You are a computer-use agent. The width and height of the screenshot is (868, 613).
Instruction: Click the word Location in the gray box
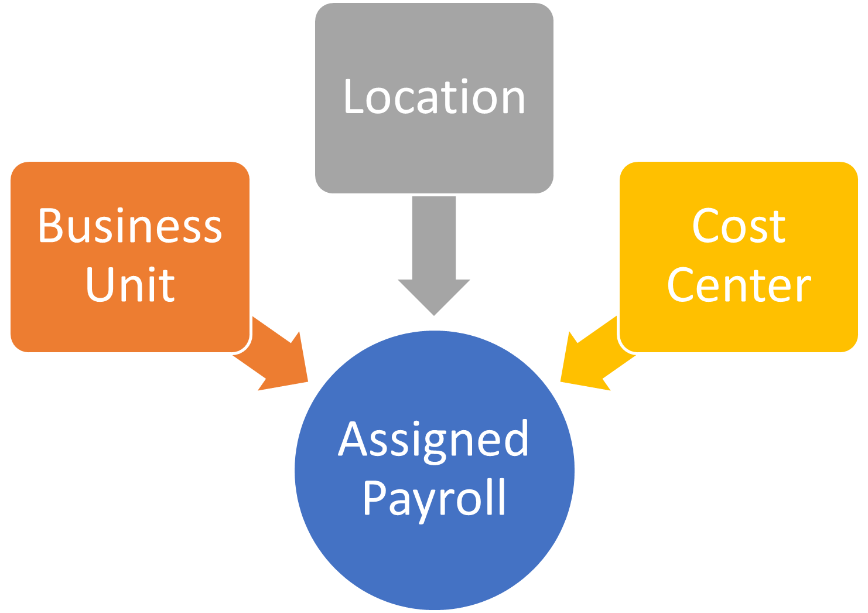coord(434,97)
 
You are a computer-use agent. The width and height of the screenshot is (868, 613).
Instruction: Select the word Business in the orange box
coord(130,226)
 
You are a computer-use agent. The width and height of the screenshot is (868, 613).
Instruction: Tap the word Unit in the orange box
coord(130,285)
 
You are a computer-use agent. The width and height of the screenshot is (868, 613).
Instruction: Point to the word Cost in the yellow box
coord(739,226)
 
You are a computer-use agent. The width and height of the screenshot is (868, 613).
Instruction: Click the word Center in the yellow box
coord(739,286)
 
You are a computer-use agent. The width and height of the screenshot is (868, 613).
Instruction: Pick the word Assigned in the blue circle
coord(434,440)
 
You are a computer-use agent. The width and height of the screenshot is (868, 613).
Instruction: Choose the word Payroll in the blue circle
coord(434,498)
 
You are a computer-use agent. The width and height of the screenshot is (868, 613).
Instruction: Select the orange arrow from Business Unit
coord(275,355)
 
